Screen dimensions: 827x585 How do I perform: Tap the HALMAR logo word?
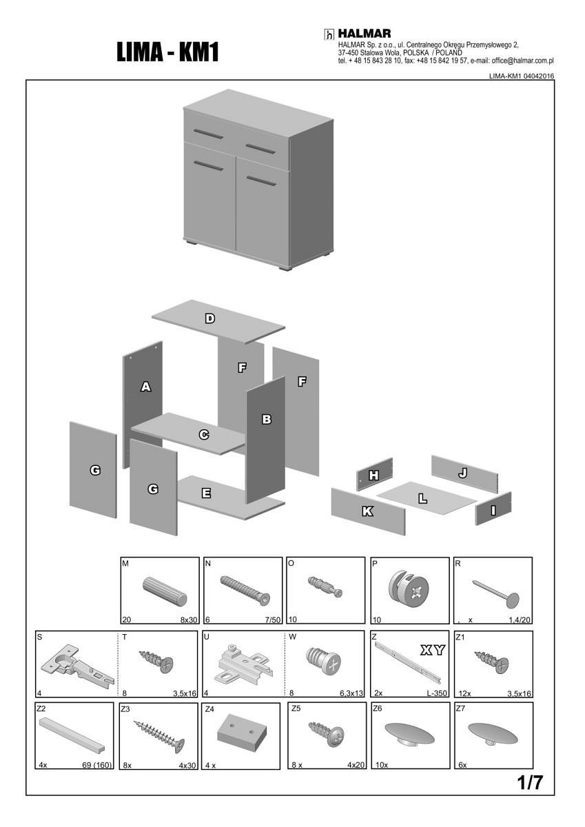pyautogui.click(x=365, y=33)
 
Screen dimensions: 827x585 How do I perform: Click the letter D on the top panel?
pyautogui.click(x=210, y=318)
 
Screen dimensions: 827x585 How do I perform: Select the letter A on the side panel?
pyautogui.click(x=145, y=387)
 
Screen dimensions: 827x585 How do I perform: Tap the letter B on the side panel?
pyautogui.click(x=267, y=418)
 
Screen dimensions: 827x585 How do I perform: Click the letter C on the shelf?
pyautogui.click(x=204, y=435)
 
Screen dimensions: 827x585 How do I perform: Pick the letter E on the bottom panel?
pyautogui.click(x=206, y=493)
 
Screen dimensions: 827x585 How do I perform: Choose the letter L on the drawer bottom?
pyautogui.click(x=423, y=497)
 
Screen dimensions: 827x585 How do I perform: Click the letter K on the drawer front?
pyautogui.click(x=367, y=511)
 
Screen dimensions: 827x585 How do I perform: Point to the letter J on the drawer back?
pyautogui.click(x=463, y=473)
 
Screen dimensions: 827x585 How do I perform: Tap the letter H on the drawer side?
pyautogui.click(x=373, y=475)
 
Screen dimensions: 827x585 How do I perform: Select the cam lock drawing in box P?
pyautogui.click(x=409, y=591)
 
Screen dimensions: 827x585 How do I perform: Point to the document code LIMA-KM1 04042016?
pyautogui.click(x=521, y=76)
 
